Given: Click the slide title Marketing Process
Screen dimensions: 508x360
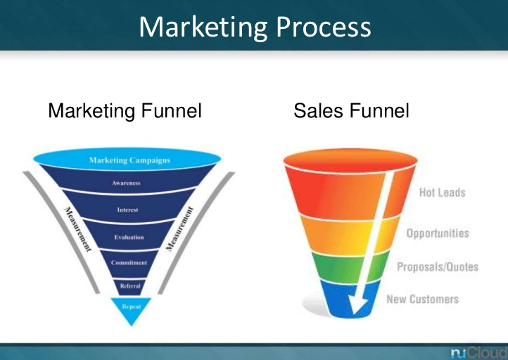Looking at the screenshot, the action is (255, 28).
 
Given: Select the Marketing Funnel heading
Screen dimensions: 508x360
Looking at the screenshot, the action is (125, 110).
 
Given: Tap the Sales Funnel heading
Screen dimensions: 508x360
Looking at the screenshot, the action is (351, 110).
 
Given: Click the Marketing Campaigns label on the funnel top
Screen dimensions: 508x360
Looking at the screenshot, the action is (129, 160).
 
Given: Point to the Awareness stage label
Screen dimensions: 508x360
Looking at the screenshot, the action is (126, 183).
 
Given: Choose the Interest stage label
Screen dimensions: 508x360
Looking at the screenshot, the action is (127, 210).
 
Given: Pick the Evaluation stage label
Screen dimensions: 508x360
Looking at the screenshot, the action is (129, 237).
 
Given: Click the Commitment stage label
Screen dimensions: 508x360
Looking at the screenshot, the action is (129, 262).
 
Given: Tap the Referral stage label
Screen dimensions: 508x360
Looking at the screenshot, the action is (130, 286).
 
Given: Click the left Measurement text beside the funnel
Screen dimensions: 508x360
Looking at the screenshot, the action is (78, 229).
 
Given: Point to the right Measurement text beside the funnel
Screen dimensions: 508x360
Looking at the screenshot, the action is (179, 229).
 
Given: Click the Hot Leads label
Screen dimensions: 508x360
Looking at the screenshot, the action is (443, 192).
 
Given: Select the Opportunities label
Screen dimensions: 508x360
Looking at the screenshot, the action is (438, 233).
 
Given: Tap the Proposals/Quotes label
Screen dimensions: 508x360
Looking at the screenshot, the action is (438, 266).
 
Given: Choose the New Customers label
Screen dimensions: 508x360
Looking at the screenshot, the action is (422, 299).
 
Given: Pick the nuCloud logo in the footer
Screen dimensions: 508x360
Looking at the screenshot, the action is (479, 352).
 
